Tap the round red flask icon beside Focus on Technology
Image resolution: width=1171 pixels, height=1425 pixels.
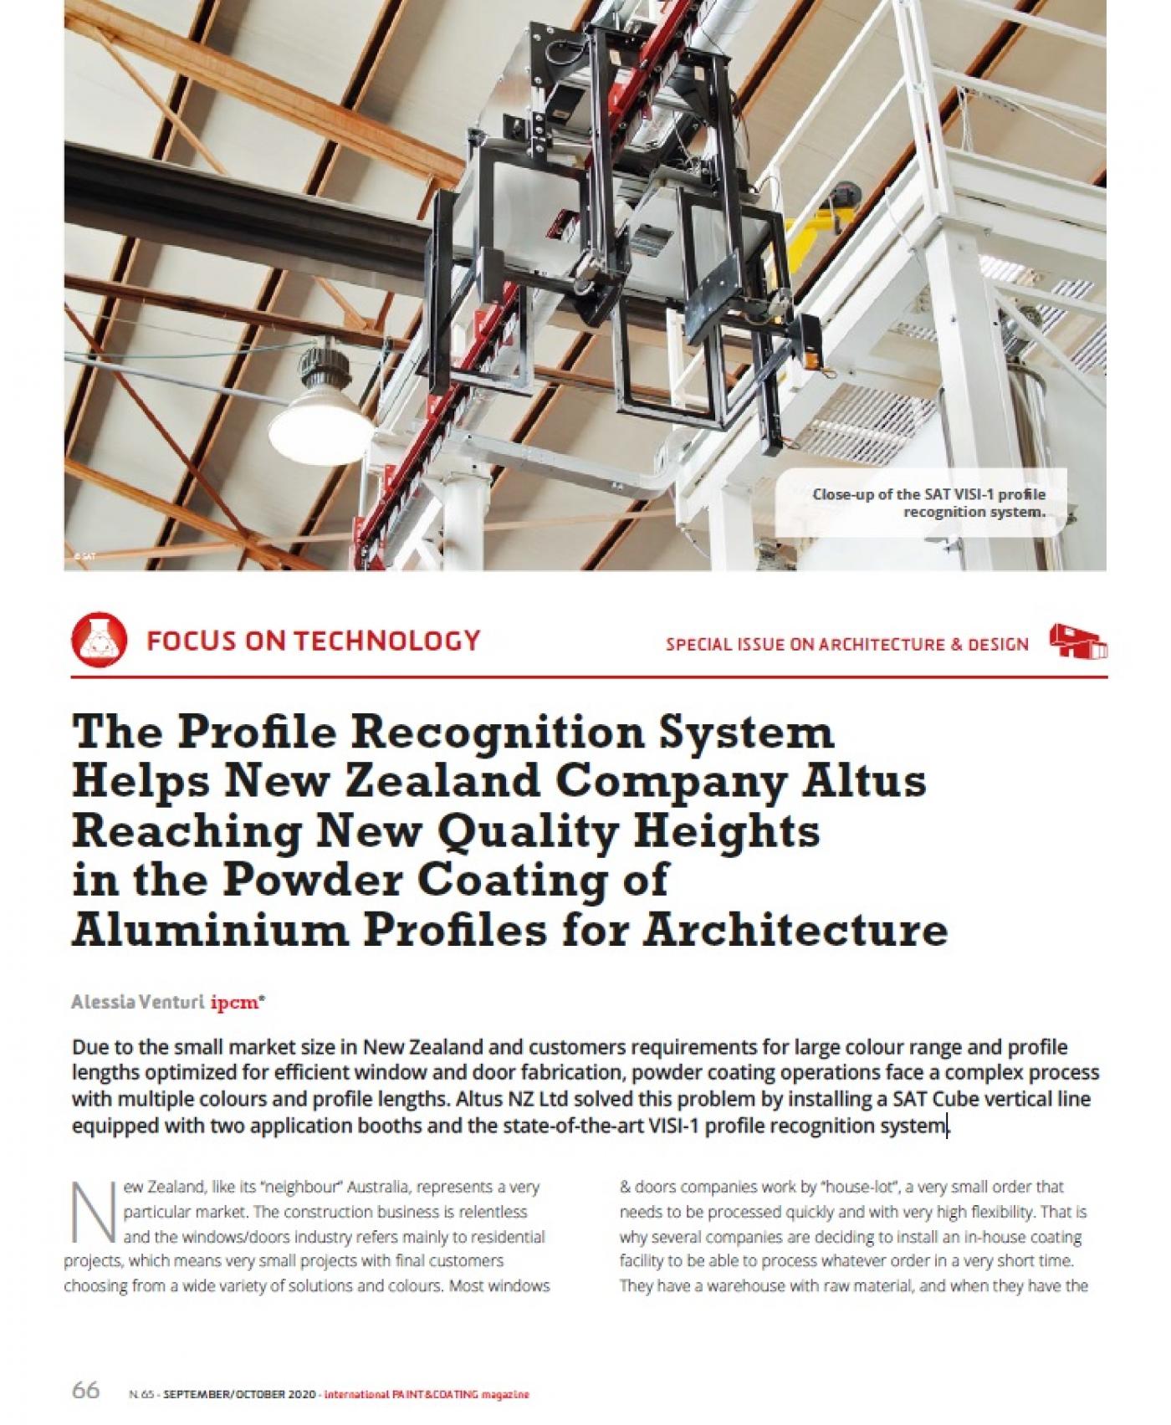[100, 641]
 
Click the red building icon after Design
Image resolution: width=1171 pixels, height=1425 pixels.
[1078, 641]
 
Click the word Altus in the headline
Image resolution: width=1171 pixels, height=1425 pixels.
[877, 781]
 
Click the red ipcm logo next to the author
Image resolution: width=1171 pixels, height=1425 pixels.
[238, 1001]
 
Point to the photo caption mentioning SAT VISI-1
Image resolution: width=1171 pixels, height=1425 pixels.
[928, 503]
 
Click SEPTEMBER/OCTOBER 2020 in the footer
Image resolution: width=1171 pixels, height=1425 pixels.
[239, 1395]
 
